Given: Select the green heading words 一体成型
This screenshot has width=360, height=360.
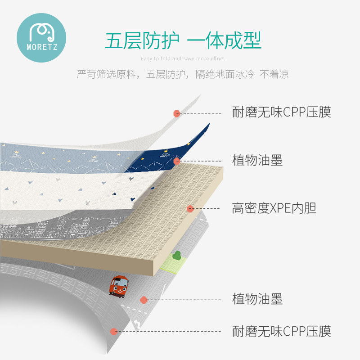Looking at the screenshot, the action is (224, 41).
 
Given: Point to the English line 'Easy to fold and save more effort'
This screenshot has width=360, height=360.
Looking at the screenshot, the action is (182, 58).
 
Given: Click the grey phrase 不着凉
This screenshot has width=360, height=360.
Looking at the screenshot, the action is (274, 74).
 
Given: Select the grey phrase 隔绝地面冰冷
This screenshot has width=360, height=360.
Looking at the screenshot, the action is (221, 74).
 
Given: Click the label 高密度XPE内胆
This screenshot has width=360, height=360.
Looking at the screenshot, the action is (274, 208).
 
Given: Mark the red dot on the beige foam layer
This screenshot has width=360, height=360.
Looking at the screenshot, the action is (190, 209).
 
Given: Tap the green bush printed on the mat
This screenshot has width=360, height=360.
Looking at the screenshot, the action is (177, 256).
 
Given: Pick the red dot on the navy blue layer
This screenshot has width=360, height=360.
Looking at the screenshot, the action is (177, 161).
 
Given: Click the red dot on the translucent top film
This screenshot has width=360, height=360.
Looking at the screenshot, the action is (177, 113).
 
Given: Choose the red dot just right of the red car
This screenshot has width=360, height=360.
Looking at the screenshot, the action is (144, 300).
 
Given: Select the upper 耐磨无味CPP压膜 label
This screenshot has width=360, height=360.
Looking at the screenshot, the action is (281, 112).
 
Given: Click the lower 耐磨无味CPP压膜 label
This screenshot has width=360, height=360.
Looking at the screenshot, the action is (281, 332).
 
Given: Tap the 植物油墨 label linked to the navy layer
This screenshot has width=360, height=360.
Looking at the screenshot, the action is (257, 160).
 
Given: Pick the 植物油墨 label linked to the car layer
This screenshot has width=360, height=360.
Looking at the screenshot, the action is (257, 299).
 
